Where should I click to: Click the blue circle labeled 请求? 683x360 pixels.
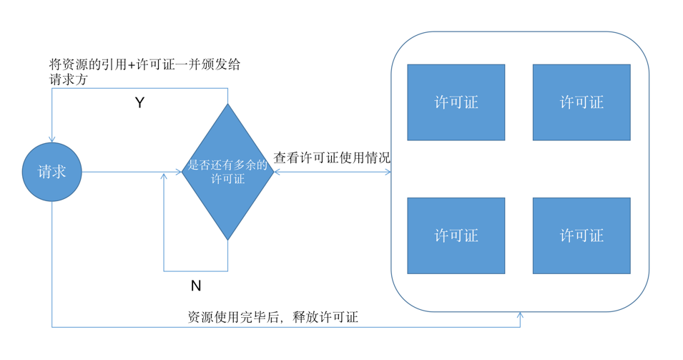(52, 172)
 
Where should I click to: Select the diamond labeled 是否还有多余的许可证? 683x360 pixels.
(227, 172)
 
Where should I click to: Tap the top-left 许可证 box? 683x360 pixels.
(456, 102)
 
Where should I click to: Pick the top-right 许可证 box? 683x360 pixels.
(581, 102)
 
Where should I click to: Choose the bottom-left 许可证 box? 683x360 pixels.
(456, 235)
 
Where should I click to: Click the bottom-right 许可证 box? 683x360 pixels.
(581, 235)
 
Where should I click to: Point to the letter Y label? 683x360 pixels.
(139, 103)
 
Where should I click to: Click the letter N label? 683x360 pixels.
(195, 286)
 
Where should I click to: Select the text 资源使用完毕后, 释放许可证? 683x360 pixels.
(272, 317)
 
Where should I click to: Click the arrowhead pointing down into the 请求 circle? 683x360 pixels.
(52, 139)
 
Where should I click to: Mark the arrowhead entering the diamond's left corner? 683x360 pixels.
(179, 172)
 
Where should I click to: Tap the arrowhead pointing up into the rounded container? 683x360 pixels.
(520, 316)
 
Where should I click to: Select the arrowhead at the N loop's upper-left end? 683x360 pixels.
(164, 176)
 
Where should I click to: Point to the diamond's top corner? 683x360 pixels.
(227, 105)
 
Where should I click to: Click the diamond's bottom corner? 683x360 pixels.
(227, 239)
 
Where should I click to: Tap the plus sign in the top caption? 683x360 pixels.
(130, 65)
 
